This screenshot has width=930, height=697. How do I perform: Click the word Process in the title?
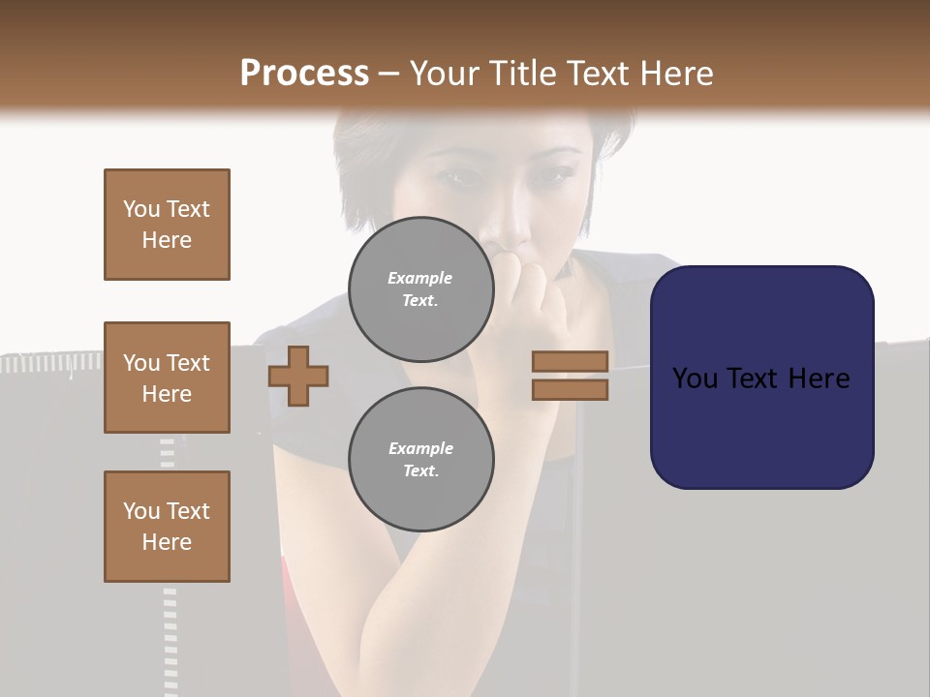click(304, 74)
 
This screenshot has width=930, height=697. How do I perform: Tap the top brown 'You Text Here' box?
click(167, 225)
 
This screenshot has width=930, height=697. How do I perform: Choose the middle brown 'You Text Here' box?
click(167, 378)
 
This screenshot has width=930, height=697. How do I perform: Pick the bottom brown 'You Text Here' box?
click(167, 527)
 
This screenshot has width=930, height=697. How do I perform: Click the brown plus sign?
click(298, 376)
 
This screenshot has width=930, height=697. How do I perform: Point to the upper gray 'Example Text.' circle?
click(420, 288)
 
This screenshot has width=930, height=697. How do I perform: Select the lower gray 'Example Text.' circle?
click(420, 459)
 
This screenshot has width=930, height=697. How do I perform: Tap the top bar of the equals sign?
click(570, 362)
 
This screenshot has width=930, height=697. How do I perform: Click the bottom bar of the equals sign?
click(570, 389)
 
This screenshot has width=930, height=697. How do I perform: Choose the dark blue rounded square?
click(761, 378)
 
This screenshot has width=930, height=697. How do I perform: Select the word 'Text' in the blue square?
click(760, 379)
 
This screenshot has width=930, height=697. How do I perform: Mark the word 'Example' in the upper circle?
click(419, 278)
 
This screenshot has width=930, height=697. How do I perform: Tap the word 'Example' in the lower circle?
click(420, 448)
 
